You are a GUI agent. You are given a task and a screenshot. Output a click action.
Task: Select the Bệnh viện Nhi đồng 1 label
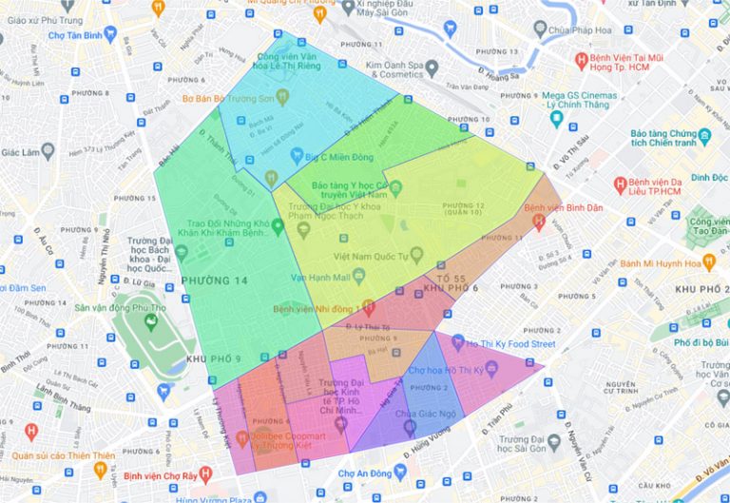point(317,308)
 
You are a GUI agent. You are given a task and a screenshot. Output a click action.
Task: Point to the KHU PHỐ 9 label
point(212,358)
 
